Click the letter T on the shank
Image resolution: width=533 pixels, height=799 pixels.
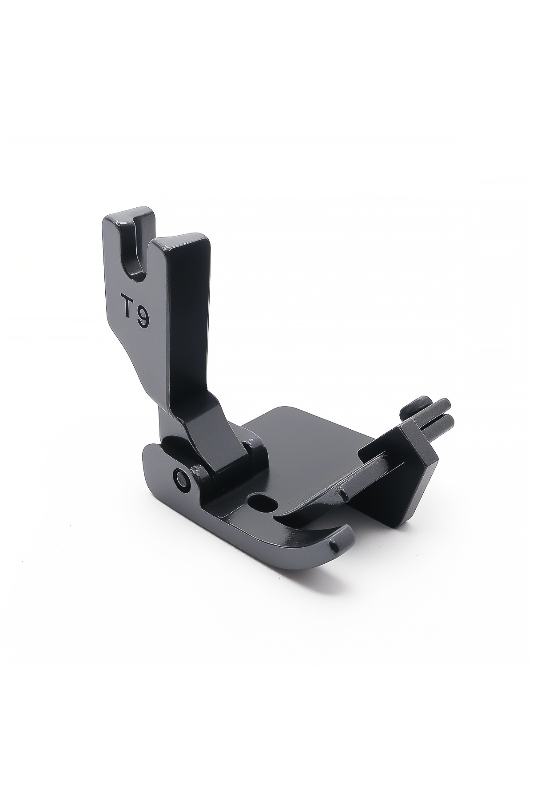pyautogui.click(x=129, y=305)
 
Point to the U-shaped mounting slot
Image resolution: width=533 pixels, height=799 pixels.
pyautogui.click(x=135, y=258)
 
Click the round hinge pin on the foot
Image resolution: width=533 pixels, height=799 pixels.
pyautogui.click(x=181, y=477)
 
